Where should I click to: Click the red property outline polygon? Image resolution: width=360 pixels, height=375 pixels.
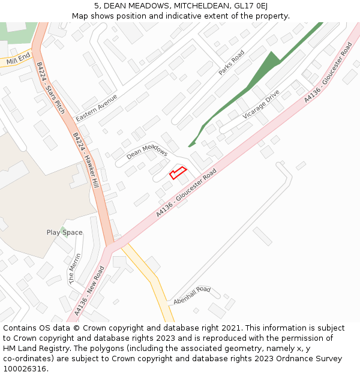pyautogui.click(x=178, y=173)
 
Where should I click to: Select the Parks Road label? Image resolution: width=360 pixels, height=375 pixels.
pyautogui.click(x=232, y=62)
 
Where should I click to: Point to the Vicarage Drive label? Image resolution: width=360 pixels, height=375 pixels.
pyautogui.click(x=261, y=104)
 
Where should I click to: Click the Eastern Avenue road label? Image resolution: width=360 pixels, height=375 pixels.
pyautogui.click(x=97, y=107)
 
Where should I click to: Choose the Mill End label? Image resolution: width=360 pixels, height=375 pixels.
pyautogui.click(x=18, y=59)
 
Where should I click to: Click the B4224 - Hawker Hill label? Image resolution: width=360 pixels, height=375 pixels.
pyautogui.click(x=86, y=160)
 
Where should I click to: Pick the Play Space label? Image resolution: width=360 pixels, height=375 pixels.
pyautogui.click(x=65, y=232)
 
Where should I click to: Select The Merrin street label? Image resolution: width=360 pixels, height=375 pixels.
pyautogui.click(x=74, y=268)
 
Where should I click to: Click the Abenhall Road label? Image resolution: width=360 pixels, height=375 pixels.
pyautogui.click(x=192, y=295)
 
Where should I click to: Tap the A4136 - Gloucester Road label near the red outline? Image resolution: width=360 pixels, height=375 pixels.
pyautogui.click(x=186, y=193)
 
